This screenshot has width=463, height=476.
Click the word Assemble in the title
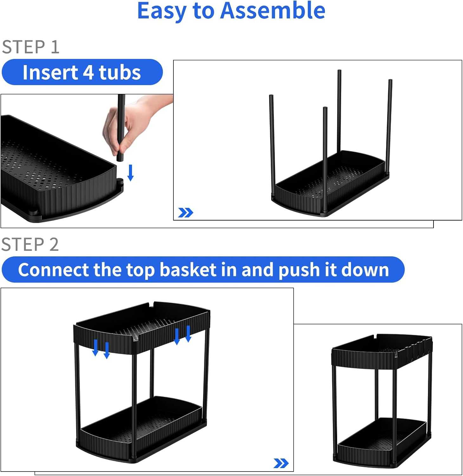[273, 11]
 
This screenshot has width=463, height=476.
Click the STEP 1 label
[30, 47]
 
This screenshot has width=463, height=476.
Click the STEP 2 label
[30, 244]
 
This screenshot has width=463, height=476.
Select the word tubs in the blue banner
[120, 72]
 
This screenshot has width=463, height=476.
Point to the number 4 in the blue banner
[88, 72]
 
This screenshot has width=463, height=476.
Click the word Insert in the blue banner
[50, 72]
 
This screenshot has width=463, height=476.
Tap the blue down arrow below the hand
[130, 173]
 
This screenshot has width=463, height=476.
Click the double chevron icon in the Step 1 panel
[186, 213]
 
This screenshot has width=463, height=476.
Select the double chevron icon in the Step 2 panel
[281, 463]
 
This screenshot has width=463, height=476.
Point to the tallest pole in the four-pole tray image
[339, 111]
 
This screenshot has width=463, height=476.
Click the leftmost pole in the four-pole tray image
[272, 143]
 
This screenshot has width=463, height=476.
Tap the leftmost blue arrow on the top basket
[95, 347]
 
